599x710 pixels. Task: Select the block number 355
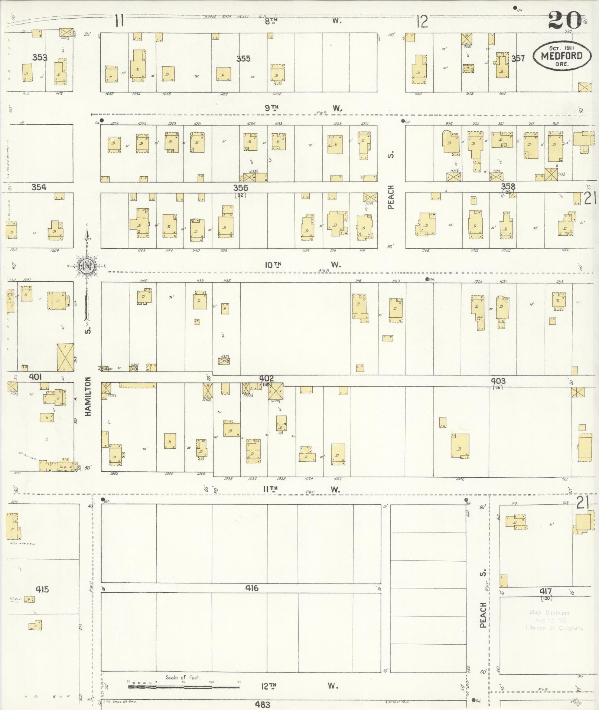[x=243, y=59]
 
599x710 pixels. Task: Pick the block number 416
[x=251, y=588]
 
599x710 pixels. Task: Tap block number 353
[x=39, y=58]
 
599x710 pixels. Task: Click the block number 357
[x=518, y=58]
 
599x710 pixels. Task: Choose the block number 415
[x=42, y=589]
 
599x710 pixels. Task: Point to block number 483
[x=262, y=704]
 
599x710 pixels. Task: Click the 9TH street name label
[x=272, y=108]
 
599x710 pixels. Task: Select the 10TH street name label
[x=273, y=265]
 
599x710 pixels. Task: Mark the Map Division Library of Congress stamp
[x=554, y=621]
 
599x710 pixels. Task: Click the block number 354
[x=39, y=187]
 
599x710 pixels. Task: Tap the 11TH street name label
[x=270, y=490]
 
